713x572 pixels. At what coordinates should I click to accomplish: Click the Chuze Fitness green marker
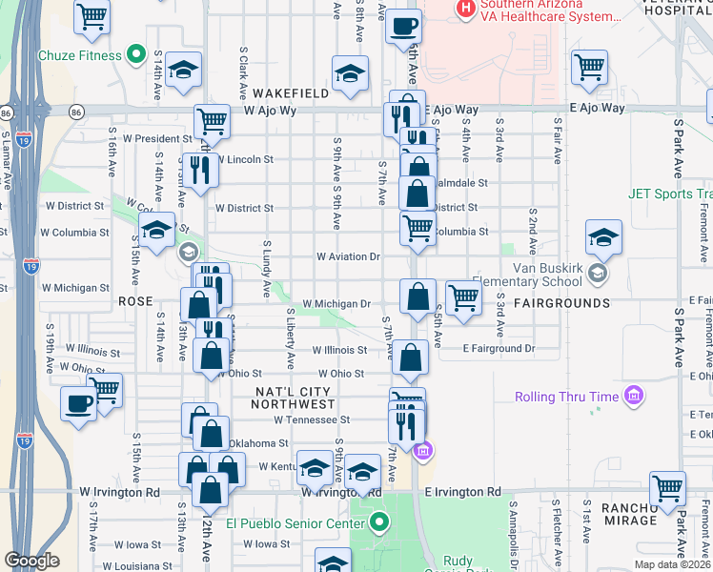pos(135,55)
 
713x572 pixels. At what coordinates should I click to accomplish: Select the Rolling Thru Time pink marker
pos(633,396)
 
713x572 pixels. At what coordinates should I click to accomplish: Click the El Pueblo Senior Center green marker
pos(379,522)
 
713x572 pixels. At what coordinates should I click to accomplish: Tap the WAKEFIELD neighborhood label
pos(291,93)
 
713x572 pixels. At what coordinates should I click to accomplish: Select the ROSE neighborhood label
pos(135,300)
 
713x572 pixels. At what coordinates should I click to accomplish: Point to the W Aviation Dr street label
pos(348,256)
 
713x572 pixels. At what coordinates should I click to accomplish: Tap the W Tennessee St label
pos(312,419)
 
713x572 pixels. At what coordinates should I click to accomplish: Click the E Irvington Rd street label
pos(462,492)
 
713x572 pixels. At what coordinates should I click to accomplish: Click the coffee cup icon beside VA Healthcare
pos(403,26)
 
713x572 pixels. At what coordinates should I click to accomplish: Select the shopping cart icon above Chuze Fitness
pos(92,16)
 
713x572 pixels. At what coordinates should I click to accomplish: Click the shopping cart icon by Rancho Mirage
pos(667,487)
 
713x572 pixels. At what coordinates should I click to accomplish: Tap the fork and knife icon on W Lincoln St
pos(200,170)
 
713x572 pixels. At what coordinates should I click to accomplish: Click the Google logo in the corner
pos(32,561)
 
